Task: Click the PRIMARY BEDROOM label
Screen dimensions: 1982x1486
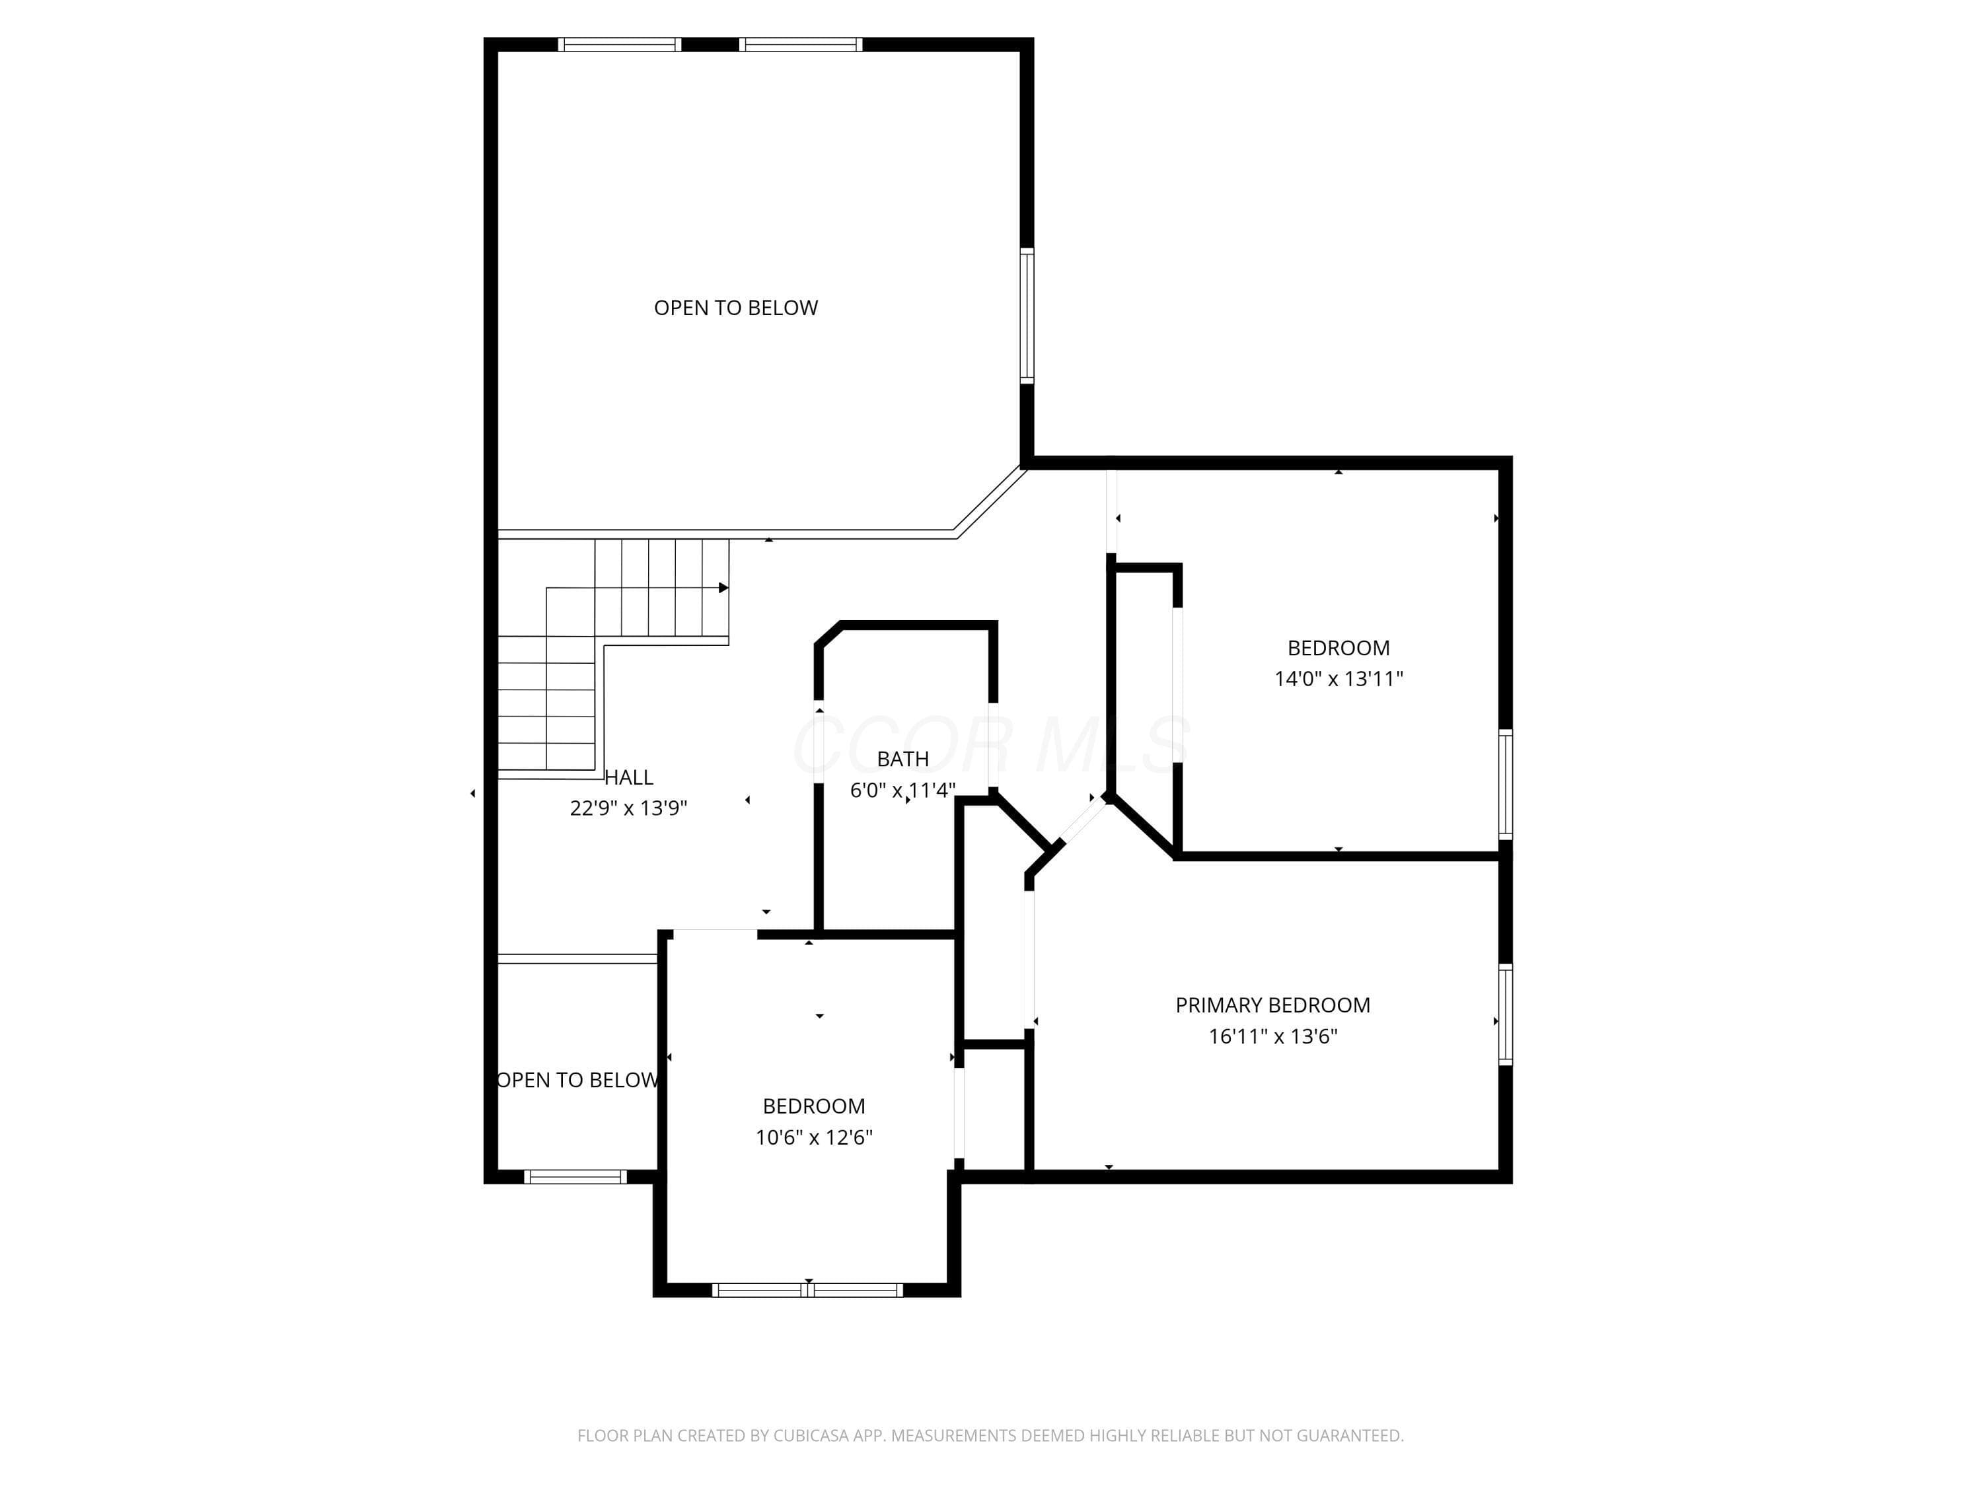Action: coord(1272,1005)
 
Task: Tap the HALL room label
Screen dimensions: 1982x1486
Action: coord(629,777)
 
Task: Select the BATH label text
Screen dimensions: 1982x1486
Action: coord(902,759)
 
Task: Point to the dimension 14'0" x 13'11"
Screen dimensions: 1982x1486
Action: coord(1339,679)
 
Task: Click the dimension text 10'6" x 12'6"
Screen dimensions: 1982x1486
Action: coord(813,1137)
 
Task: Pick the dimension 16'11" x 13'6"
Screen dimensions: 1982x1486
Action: coord(1272,1036)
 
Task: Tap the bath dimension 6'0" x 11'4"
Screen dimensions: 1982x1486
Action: coord(902,790)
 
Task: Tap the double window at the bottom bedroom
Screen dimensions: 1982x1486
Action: coord(807,1290)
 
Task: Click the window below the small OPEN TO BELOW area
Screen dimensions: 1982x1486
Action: coord(575,1177)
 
